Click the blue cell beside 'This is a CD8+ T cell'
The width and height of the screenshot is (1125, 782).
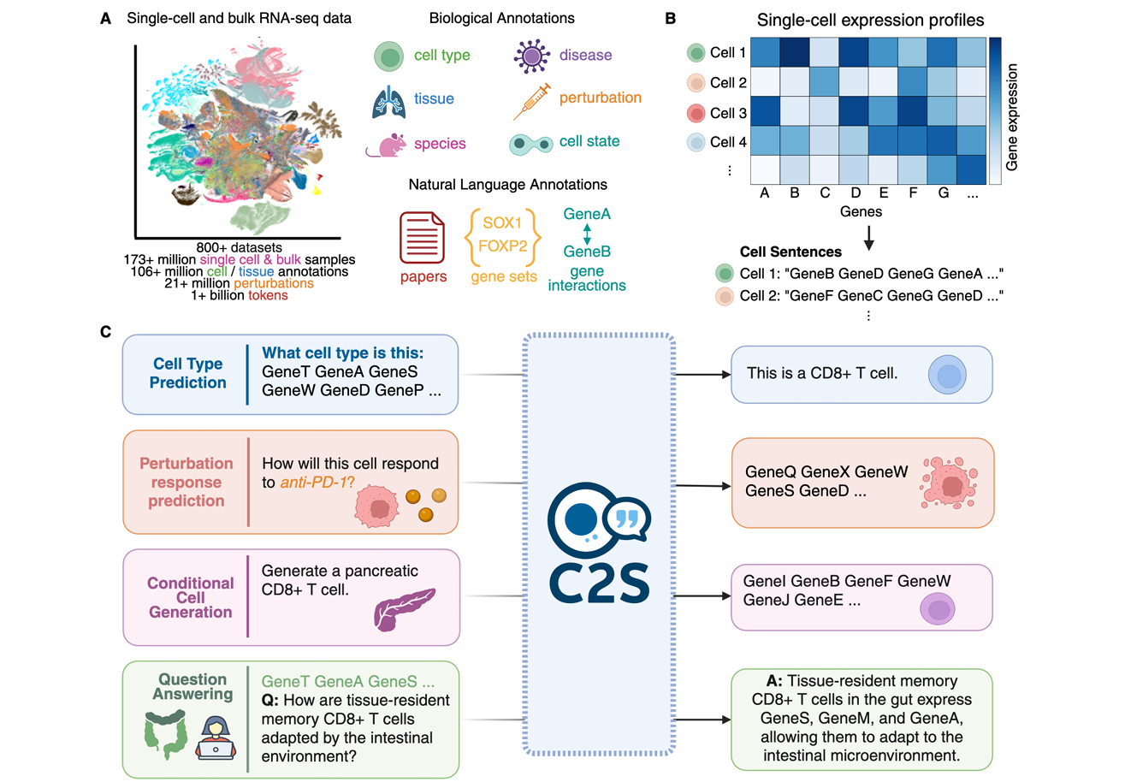947,374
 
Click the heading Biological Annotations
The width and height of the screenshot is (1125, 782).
503,18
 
